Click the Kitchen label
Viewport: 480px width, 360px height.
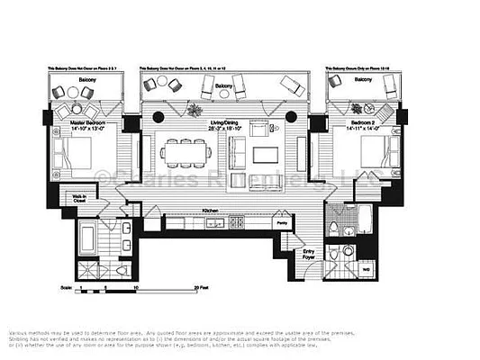tap(211, 209)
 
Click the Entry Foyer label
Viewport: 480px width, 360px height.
tap(310, 255)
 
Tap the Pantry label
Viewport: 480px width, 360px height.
tap(282, 220)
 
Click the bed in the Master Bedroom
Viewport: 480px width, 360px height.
tap(72, 160)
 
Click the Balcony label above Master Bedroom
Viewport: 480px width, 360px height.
tap(86, 79)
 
